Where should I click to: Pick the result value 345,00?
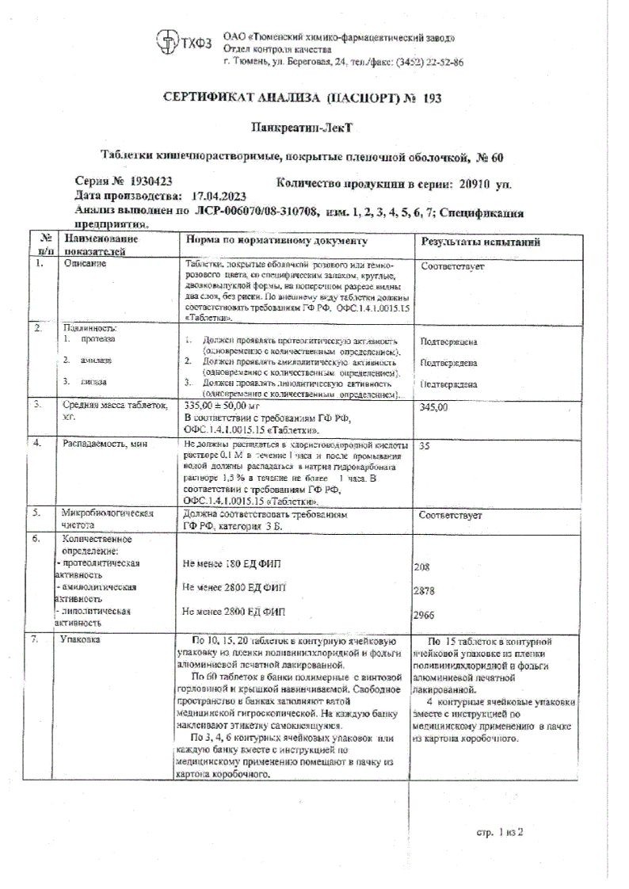pyautogui.click(x=434, y=406)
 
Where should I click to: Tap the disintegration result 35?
pyautogui.click(x=425, y=446)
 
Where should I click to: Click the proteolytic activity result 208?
pyautogui.click(x=424, y=567)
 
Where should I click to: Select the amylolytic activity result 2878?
pyautogui.click(x=426, y=591)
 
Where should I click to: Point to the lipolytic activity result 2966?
pyautogui.click(x=426, y=616)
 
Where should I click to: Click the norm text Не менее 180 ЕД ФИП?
pyautogui.click(x=231, y=563)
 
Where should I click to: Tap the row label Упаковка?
pyautogui.click(x=82, y=640)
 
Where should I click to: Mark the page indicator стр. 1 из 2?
pyautogui.click(x=501, y=833)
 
